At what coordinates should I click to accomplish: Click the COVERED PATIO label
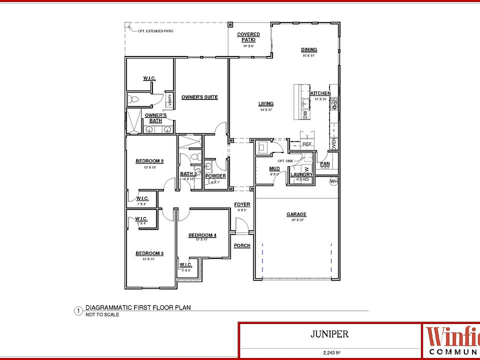coord(248,37)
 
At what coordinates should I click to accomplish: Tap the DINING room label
coord(309,49)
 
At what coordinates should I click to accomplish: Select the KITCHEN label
coord(320,93)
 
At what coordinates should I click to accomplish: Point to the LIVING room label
coord(266,104)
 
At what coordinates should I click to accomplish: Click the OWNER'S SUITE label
coord(199,97)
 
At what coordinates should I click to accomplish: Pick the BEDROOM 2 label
coord(150,161)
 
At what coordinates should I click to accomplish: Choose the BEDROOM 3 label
coord(150,253)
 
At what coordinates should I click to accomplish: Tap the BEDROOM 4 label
coord(202,235)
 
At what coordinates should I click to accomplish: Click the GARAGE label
coord(296,214)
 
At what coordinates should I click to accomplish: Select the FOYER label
coord(242,204)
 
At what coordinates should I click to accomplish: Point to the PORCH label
coord(242,245)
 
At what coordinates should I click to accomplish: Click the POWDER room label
coord(215,176)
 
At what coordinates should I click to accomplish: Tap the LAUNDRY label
coord(301,174)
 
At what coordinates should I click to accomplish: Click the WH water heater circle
coord(334,181)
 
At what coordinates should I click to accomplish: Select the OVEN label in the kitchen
coord(334,144)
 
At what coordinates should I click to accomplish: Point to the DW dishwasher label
coord(305,114)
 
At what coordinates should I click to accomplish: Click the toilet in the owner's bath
coord(132,99)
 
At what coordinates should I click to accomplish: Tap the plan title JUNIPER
coord(328,334)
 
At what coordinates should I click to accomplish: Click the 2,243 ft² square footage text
coord(328,353)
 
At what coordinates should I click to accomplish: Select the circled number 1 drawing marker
coord(78,311)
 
